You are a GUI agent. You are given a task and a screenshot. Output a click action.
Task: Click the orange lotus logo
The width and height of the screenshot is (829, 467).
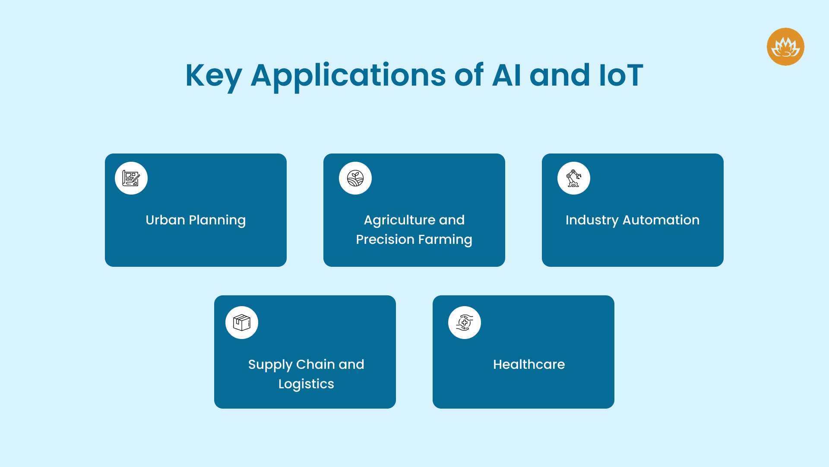785,47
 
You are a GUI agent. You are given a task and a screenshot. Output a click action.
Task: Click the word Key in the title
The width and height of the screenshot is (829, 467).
213,76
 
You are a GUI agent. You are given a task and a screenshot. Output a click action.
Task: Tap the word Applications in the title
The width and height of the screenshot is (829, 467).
348,76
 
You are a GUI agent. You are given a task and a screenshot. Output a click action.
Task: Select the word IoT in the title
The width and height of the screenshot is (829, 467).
621,75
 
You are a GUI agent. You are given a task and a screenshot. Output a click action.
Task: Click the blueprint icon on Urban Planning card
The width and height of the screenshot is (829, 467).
131,178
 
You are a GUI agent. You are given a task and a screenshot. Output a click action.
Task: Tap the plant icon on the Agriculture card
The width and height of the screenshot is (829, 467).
355,178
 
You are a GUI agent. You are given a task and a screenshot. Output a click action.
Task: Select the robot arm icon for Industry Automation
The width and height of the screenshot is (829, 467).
574,178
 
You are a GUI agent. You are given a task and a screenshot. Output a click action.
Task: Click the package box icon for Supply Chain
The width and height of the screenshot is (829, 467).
242,323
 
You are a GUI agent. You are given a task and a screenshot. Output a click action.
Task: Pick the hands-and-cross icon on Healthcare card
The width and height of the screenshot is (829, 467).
465,323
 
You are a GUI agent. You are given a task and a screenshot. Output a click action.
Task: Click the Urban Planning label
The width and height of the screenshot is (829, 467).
196,220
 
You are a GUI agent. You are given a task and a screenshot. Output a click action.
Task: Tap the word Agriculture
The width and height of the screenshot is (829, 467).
399,220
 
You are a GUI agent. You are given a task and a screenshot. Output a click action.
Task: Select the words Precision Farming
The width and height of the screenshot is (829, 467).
414,240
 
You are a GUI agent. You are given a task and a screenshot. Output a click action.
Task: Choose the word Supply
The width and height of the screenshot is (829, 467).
270,365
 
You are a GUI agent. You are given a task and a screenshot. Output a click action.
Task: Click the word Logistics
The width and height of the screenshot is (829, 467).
306,384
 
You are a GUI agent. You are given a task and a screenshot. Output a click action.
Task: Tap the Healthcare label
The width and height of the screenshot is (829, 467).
529,365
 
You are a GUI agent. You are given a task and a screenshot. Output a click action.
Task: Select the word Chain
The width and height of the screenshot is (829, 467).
315,365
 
